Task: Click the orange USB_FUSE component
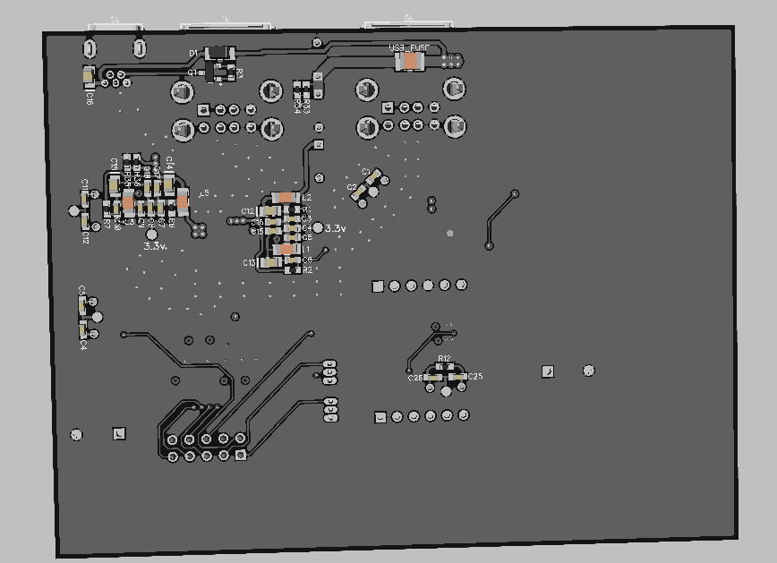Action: pyautogui.click(x=410, y=62)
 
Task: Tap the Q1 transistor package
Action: pyautogui.click(x=218, y=73)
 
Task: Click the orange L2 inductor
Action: pyautogui.click(x=286, y=197)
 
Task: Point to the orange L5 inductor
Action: pyautogui.click(x=183, y=201)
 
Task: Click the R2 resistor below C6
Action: pyautogui.click(x=293, y=269)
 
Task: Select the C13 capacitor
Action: pyautogui.click(x=265, y=262)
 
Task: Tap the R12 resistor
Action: pyautogui.click(x=444, y=366)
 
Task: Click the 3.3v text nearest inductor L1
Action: pyautogui.click(x=335, y=229)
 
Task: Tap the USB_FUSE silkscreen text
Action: pyautogui.click(x=408, y=47)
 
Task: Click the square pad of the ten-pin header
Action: pyautogui.click(x=240, y=456)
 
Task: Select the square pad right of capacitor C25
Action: pyautogui.click(x=548, y=371)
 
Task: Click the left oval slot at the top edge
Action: pyautogui.click(x=90, y=47)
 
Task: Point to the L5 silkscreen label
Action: pyautogui.click(x=204, y=193)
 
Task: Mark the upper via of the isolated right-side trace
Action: pyautogui.click(x=516, y=193)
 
